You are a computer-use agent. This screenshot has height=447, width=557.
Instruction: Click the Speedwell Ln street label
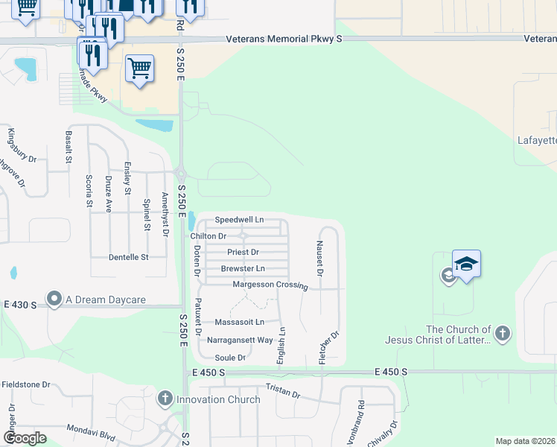coord(239,220)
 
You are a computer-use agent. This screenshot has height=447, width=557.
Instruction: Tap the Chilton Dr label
coord(208,236)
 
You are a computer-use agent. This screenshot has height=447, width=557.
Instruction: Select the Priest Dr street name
coord(243,253)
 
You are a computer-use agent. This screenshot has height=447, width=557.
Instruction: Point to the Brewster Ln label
coord(243,268)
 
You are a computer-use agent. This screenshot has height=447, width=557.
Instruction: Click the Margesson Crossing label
coord(270,285)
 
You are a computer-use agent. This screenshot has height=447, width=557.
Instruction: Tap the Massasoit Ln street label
coord(239,323)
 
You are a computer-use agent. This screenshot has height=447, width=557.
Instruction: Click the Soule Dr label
coord(230,358)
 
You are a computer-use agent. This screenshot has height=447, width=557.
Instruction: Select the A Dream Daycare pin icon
coord(54,299)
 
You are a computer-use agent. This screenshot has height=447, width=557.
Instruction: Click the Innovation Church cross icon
coord(166,399)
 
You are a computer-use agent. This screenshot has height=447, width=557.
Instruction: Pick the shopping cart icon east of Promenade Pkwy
coord(139,69)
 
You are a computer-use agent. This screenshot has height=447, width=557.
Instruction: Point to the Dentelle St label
coord(129,257)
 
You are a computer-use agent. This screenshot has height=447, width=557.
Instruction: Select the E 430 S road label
coord(19,305)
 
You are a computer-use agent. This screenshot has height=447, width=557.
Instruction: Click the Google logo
coord(25,437)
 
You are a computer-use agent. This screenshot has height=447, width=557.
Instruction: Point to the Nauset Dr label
coord(319,259)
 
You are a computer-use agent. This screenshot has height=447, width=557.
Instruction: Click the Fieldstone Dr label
coord(25,384)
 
